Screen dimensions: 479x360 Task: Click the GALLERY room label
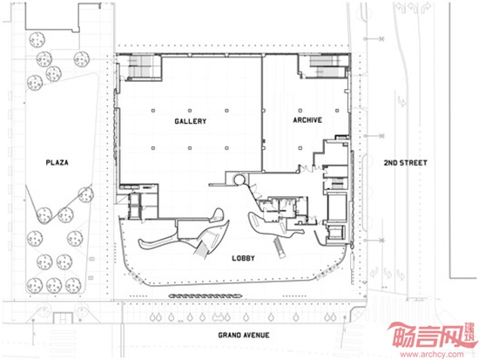(191, 121)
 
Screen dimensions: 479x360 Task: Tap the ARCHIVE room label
(307, 120)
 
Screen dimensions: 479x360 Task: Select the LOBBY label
(243, 258)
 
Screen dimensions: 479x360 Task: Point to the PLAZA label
(57, 162)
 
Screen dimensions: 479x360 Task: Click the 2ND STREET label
(405, 163)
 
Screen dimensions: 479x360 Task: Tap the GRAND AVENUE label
(244, 336)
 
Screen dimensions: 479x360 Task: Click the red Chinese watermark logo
(431, 336)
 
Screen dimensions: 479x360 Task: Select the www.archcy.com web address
(432, 355)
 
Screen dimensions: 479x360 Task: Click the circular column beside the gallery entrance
(239, 180)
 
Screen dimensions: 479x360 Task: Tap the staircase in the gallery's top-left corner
(141, 66)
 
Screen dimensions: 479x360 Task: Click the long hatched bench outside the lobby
(206, 295)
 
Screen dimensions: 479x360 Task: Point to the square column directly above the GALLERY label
(190, 111)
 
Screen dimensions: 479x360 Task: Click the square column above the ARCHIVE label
(300, 111)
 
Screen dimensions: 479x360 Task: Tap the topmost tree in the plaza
(37, 40)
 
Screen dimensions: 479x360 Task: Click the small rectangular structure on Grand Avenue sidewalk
(63, 318)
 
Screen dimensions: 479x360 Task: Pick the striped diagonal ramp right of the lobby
(280, 248)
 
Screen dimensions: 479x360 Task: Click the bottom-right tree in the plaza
(73, 285)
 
